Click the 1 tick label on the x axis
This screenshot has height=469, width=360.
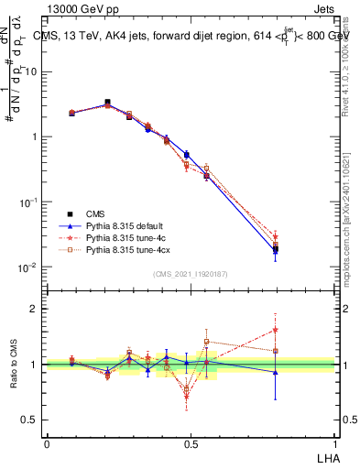pos(334,443)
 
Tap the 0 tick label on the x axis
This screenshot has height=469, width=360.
pos(47,443)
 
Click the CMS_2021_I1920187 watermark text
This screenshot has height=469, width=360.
pos(190,274)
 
